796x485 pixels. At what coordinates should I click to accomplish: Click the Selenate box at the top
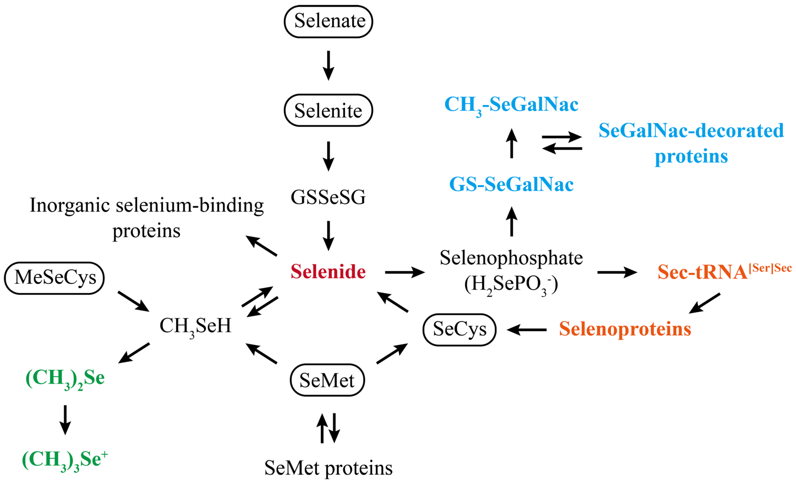[328, 21]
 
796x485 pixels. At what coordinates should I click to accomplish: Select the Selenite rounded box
[328, 110]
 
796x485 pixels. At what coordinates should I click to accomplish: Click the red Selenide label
[328, 272]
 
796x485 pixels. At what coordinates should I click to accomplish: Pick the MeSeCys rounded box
[54, 278]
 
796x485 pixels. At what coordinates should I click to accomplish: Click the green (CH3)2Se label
[65, 378]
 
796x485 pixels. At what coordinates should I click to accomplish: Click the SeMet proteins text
[328, 468]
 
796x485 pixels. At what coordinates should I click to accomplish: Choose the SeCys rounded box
[459, 329]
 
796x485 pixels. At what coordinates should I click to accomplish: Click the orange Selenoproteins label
[625, 329]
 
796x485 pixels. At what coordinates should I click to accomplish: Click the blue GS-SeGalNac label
[511, 184]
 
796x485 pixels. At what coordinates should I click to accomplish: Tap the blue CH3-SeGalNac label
[511, 105]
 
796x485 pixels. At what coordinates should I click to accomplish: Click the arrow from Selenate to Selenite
[328, 66]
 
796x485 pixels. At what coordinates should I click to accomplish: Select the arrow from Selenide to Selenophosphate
[404, 272]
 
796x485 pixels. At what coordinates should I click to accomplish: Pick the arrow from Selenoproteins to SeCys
[527, 330]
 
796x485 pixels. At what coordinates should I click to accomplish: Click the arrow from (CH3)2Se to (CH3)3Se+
[65, 419]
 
